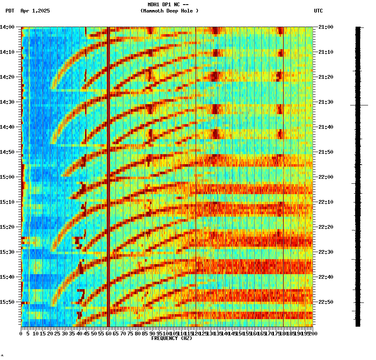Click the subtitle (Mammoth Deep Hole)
click(x=169, y=11)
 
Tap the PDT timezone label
click(x=10, y=11)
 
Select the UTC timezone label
click(x=318, y=11)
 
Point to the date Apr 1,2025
click(x=35, y=11)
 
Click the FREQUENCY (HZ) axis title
click(x=171, y=338)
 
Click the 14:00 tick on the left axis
click(x=8, y=27)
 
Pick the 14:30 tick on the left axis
click(x=8, y=102)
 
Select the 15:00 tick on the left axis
click(x=8, y=177)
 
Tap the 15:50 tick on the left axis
click(x=8, y=302)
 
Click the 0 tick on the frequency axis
click(x=21, y=334)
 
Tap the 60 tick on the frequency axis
click(x=108, y=334)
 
